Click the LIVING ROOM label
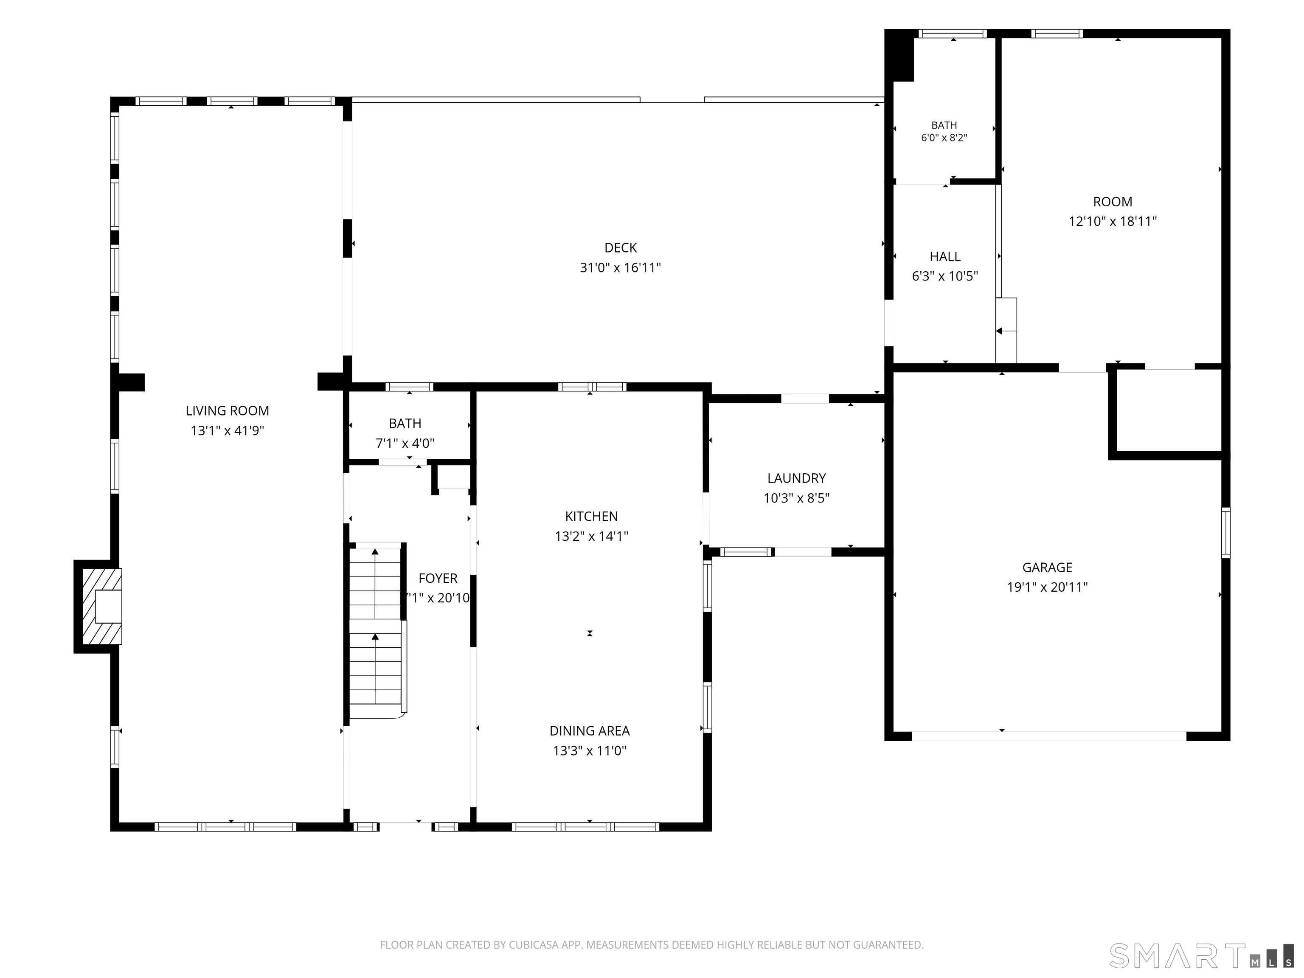point(227,411)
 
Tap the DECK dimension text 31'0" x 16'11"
point(620,268)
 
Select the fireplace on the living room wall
point(98,606)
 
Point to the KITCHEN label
point(591,517)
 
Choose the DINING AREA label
point(590,731)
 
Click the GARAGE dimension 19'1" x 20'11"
point(1047,587)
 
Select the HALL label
point(945,256)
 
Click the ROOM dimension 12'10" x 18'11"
point(1113,222)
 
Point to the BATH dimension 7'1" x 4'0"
point(405,443)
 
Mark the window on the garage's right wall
point(1225,532)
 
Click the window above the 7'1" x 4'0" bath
point(409,387)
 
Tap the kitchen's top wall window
point(592,387)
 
